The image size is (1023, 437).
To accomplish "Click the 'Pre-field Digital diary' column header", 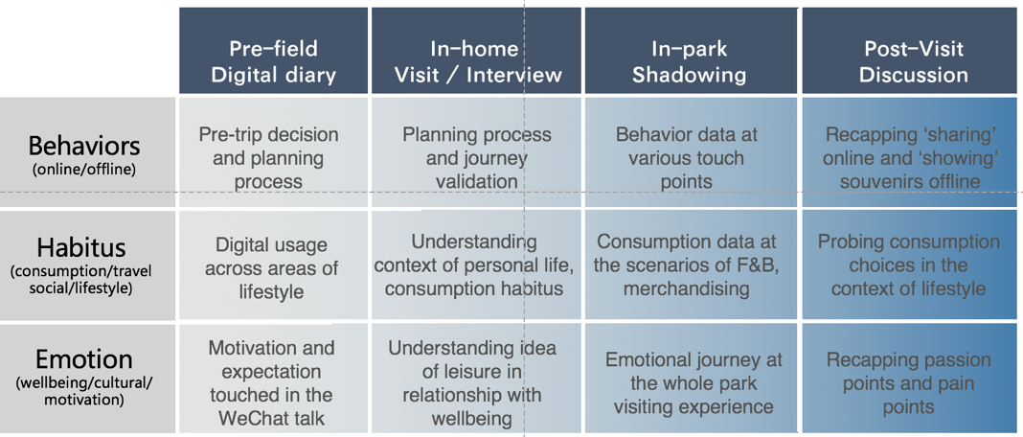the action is pos(273,50).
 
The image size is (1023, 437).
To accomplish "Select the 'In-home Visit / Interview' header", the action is pos(476,50).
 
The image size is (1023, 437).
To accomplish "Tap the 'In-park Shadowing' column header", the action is pos(691,50).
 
